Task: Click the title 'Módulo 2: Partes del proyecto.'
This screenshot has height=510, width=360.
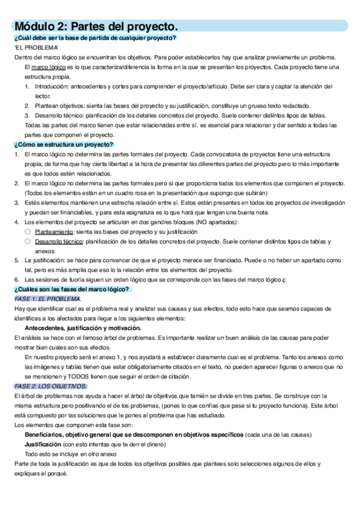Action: tap(96, 26)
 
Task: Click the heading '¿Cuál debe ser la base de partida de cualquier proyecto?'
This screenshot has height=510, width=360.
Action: tap(94, 38)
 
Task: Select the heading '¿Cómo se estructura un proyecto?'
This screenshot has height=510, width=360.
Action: tap(64, 145)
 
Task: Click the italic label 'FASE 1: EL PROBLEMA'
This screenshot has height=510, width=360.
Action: tap(47, 299)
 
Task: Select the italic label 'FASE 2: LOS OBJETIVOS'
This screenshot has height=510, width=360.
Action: tap(50, 386)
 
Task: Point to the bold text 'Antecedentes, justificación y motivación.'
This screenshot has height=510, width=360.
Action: tap(83, 328)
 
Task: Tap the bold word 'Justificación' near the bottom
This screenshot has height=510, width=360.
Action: tap(43, 444)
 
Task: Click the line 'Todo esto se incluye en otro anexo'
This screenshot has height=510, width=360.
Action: tap(70, 453)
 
